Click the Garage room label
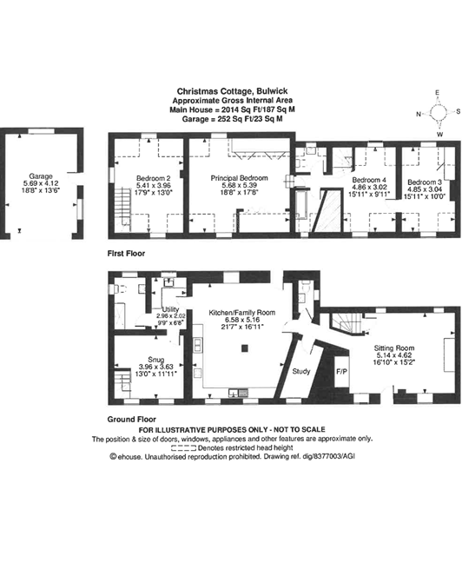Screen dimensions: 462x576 tap(41, 176)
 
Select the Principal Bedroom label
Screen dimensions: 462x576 tap(239, 178)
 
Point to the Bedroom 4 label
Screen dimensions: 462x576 tap(369, 180)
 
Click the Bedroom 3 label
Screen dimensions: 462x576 tap(424, 182)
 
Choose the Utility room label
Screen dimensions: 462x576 tap(170, 309)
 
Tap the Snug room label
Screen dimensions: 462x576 tap(156, 360)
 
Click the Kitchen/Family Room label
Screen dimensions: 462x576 tap(242, 313)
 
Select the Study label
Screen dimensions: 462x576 tap(301, 371)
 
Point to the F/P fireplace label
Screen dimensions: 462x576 tap(341, 372)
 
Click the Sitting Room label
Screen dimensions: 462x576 tap(394, 348)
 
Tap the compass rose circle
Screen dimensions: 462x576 tap(438, 112)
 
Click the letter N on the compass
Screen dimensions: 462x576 tap(419, 114)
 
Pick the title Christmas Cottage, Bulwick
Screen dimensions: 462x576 tap(232, 91)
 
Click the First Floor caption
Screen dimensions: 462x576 tap(126, 254)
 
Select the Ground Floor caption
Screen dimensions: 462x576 tap(131, 419)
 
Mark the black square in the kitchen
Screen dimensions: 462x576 tap(245, 348)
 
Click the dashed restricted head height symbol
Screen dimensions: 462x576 tap(183, 448)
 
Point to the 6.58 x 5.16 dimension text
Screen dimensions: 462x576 tap(242, 320)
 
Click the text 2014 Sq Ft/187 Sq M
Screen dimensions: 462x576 tap(258, 109)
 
